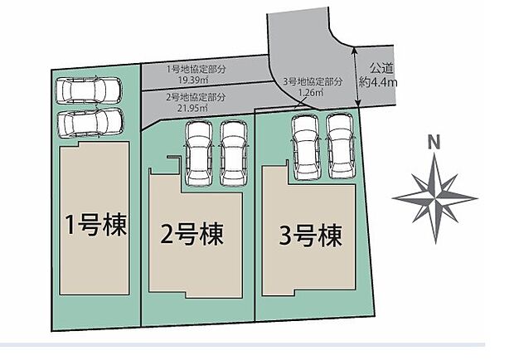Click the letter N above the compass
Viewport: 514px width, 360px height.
[x=433, y=143]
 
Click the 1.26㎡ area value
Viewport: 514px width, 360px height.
[x=311, y=94]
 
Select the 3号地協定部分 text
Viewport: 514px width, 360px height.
[x=313, y=82]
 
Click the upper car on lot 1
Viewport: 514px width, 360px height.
[x=89, y=90]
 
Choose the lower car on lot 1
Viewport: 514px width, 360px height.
[x=89, y=123]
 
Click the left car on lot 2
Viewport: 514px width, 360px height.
[x=200, y=153]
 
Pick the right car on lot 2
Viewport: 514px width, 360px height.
[x=234, y=153]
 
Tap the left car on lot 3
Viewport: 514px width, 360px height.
[x=305, y=146]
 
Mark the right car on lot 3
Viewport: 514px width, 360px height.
[x=339, y=146]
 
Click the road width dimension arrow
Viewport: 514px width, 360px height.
[x=357, y=75]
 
